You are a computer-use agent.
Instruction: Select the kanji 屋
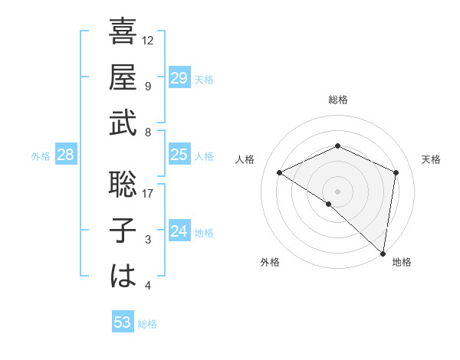click(x=123, y=77)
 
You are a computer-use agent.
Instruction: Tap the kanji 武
click(x=123, y=123)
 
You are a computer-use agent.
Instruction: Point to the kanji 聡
click(x=123, y=184)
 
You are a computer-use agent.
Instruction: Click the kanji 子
click(x=123, y=230)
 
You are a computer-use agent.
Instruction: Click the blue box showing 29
click(x=179, y=78)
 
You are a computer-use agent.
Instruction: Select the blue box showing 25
click(x=179, y=155)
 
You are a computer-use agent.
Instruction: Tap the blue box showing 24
click(x=179, y=231)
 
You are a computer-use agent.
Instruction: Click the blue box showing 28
click(x=65, y=155)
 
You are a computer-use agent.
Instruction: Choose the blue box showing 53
click(x=123, y=322)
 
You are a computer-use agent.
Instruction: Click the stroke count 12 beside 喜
click(x=148, y=39)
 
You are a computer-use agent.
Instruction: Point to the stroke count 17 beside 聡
click(x=148, y=193)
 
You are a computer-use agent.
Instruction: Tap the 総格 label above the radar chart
click(x=337, y=100)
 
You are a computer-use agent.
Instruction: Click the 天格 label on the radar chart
click(x=432, y=159)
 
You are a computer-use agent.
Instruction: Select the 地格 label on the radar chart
click(x=402, y=262)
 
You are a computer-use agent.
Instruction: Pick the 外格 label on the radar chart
click(x=270, y=262)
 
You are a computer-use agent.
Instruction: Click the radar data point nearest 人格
click(x=280, y=172)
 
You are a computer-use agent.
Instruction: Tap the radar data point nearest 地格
click(x=383, y=252)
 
